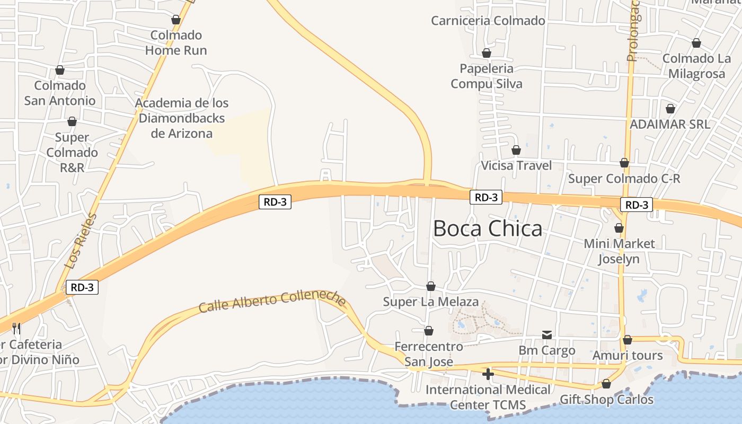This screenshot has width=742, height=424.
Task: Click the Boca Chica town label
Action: click(x=488, y=228)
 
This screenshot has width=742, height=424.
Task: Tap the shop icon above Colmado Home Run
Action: click(x=176, y=20)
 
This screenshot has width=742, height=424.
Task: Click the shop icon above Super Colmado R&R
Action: click(x=72, y=122)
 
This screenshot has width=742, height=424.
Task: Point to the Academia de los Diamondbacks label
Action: click(x=182, y=118)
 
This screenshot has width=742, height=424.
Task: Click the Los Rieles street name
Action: click(x=81, y=241)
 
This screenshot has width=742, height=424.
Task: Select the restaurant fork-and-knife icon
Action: click(x=16, y=329)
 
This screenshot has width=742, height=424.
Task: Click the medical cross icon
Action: click(x=488, y=374)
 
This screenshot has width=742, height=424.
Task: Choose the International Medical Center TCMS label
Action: click(x=488, y=397)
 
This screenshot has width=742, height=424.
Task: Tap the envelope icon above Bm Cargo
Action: click(x=547, y=335)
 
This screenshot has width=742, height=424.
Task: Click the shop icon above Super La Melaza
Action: click(x=431, y=287)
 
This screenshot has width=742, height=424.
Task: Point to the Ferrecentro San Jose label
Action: click(x=429, y=354)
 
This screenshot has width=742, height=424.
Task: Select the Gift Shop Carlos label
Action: click(x=606, y=399)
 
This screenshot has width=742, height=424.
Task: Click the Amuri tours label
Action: click(x=628, y=355)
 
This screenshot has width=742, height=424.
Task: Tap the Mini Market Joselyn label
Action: click(x=619, y=251)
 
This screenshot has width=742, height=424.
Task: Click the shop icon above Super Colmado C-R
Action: click(x=624, y=163)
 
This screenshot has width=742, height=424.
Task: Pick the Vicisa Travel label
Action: click(x=516, y=165)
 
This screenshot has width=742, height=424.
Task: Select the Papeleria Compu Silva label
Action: click(x=487, y=76)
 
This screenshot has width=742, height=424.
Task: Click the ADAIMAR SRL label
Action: click(x=670, y=124)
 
